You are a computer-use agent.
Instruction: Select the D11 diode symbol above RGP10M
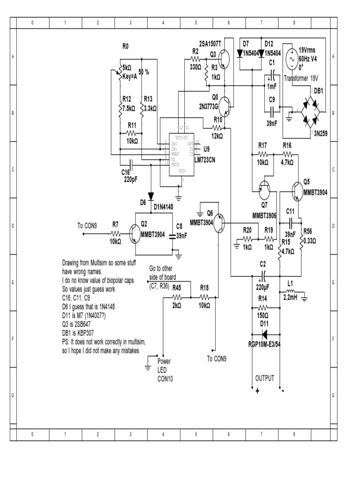pos(265,334)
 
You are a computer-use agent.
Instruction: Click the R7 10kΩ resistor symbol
pos(115,233)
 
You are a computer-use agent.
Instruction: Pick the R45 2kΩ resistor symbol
pos(177,297)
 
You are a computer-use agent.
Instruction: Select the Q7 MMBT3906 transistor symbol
pos(264,189)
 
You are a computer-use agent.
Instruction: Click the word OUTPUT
pos(264,378)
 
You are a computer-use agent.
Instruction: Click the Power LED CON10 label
pos(165,370)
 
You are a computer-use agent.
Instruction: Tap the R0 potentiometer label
pos(125,46)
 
